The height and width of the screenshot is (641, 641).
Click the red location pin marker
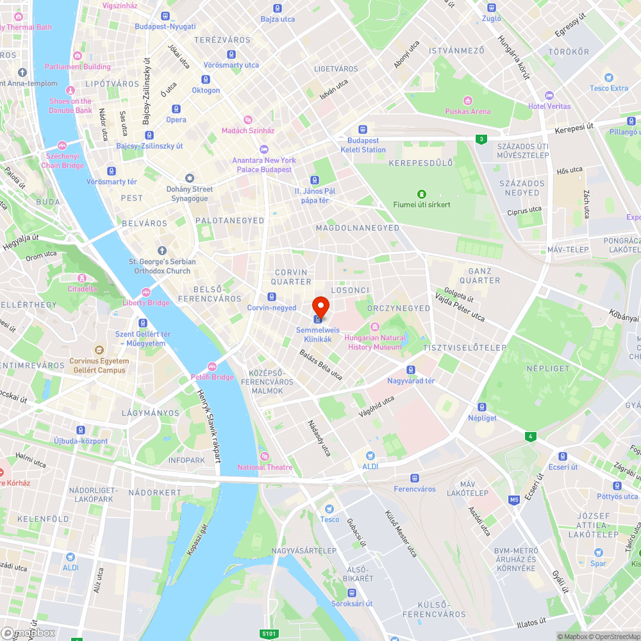coord(320,305)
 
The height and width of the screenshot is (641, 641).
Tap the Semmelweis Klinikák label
coord(314,335)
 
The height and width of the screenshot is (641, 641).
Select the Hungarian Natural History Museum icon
coord(375,328)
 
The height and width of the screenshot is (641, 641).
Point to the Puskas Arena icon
coord(468,101)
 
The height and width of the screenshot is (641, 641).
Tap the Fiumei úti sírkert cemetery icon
coord(422,194)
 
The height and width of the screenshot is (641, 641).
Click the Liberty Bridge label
coord(146,303)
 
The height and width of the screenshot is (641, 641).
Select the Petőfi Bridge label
coord(212,377)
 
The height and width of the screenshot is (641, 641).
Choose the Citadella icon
coord(82,278)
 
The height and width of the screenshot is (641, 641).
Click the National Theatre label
coord(265,467)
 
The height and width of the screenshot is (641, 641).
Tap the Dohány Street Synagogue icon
coord(189,178)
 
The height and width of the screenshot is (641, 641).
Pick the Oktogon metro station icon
coord(205,79)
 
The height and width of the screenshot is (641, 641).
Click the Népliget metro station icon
coord(482,407)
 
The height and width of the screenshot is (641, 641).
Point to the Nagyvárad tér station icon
coord(411,370)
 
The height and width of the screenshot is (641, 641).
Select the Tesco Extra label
coord(609,88)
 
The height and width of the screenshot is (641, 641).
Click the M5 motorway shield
coord(514,499)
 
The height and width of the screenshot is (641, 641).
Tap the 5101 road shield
coord(270,633)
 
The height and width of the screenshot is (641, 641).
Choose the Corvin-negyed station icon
coord(272,297)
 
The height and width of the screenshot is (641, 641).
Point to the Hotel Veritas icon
coord(549,95)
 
